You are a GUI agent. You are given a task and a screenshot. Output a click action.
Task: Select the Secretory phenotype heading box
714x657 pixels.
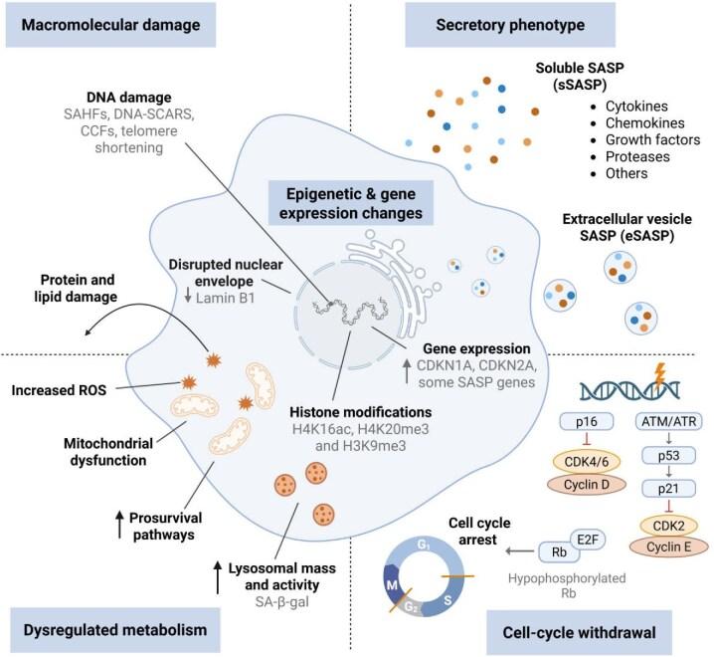click(494, 23)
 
